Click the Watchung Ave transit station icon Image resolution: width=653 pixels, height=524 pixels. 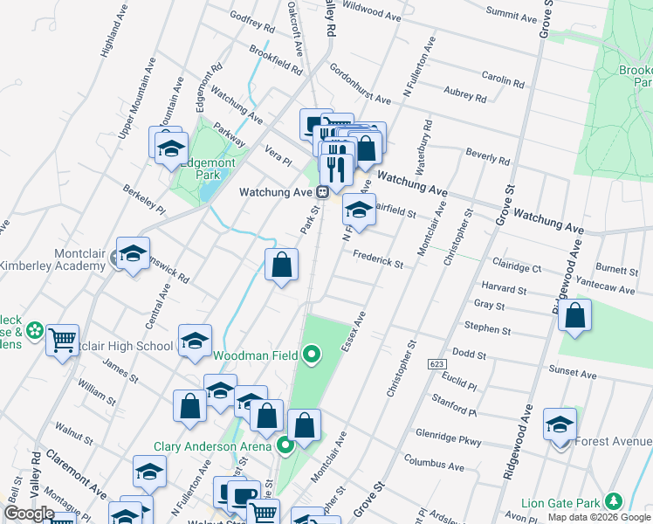322,192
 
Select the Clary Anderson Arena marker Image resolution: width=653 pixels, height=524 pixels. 285,446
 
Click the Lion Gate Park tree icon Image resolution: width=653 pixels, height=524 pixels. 615,501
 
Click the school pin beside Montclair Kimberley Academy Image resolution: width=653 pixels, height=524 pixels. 133,254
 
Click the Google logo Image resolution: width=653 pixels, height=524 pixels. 29,514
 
